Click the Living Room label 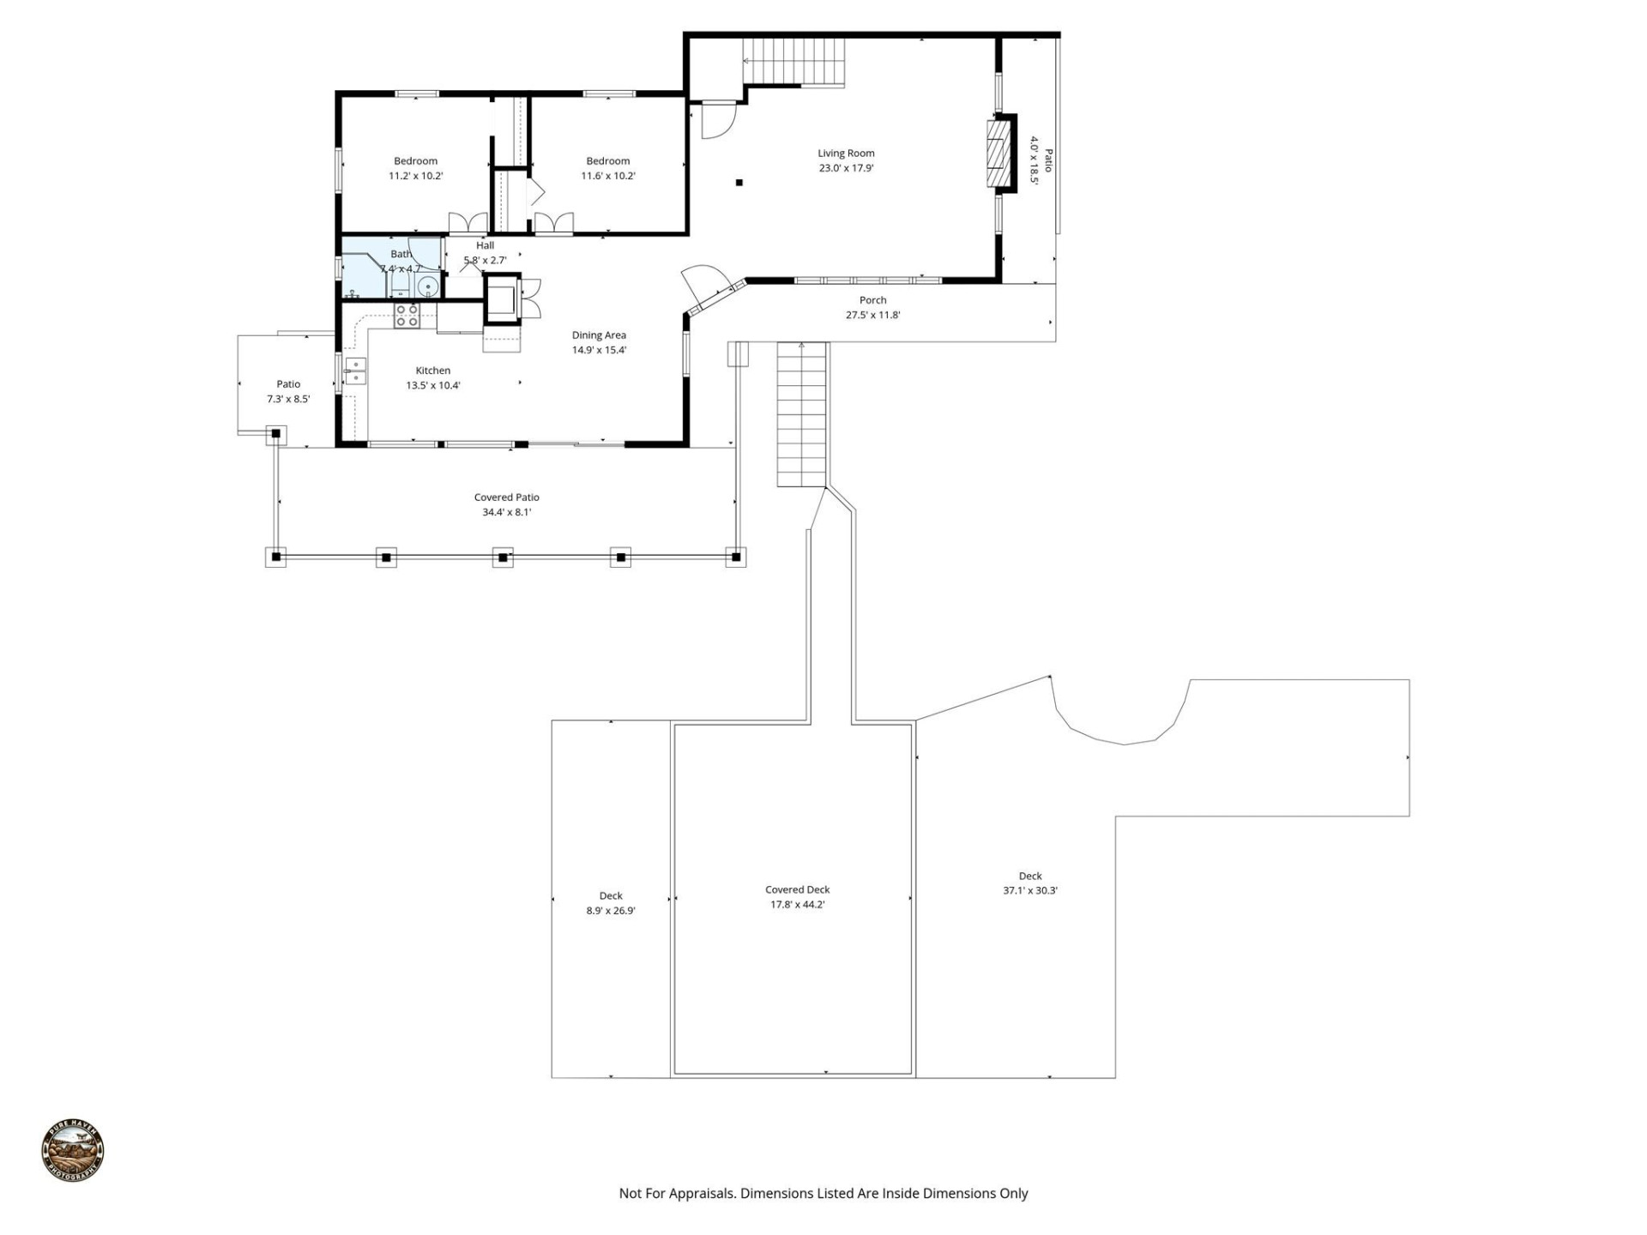pos(846,154)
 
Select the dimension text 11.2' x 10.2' pos(415,176)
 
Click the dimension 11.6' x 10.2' pos(607,176)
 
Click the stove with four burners pos(407,316)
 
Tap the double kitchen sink pos(355,371)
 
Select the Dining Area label pos(599,335)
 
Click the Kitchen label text pos(432,370)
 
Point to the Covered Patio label pos(506,497)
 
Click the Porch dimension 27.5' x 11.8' pos(872,315)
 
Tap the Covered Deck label pos(797,889)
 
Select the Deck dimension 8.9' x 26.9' pos(610,911)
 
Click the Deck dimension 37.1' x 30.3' pos(1029,890)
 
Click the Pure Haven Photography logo pos(73,1150)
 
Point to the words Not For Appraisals pos(676,1193)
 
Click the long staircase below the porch pos(802,414)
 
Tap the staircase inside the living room pos(794,62)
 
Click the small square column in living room pos(739,183)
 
